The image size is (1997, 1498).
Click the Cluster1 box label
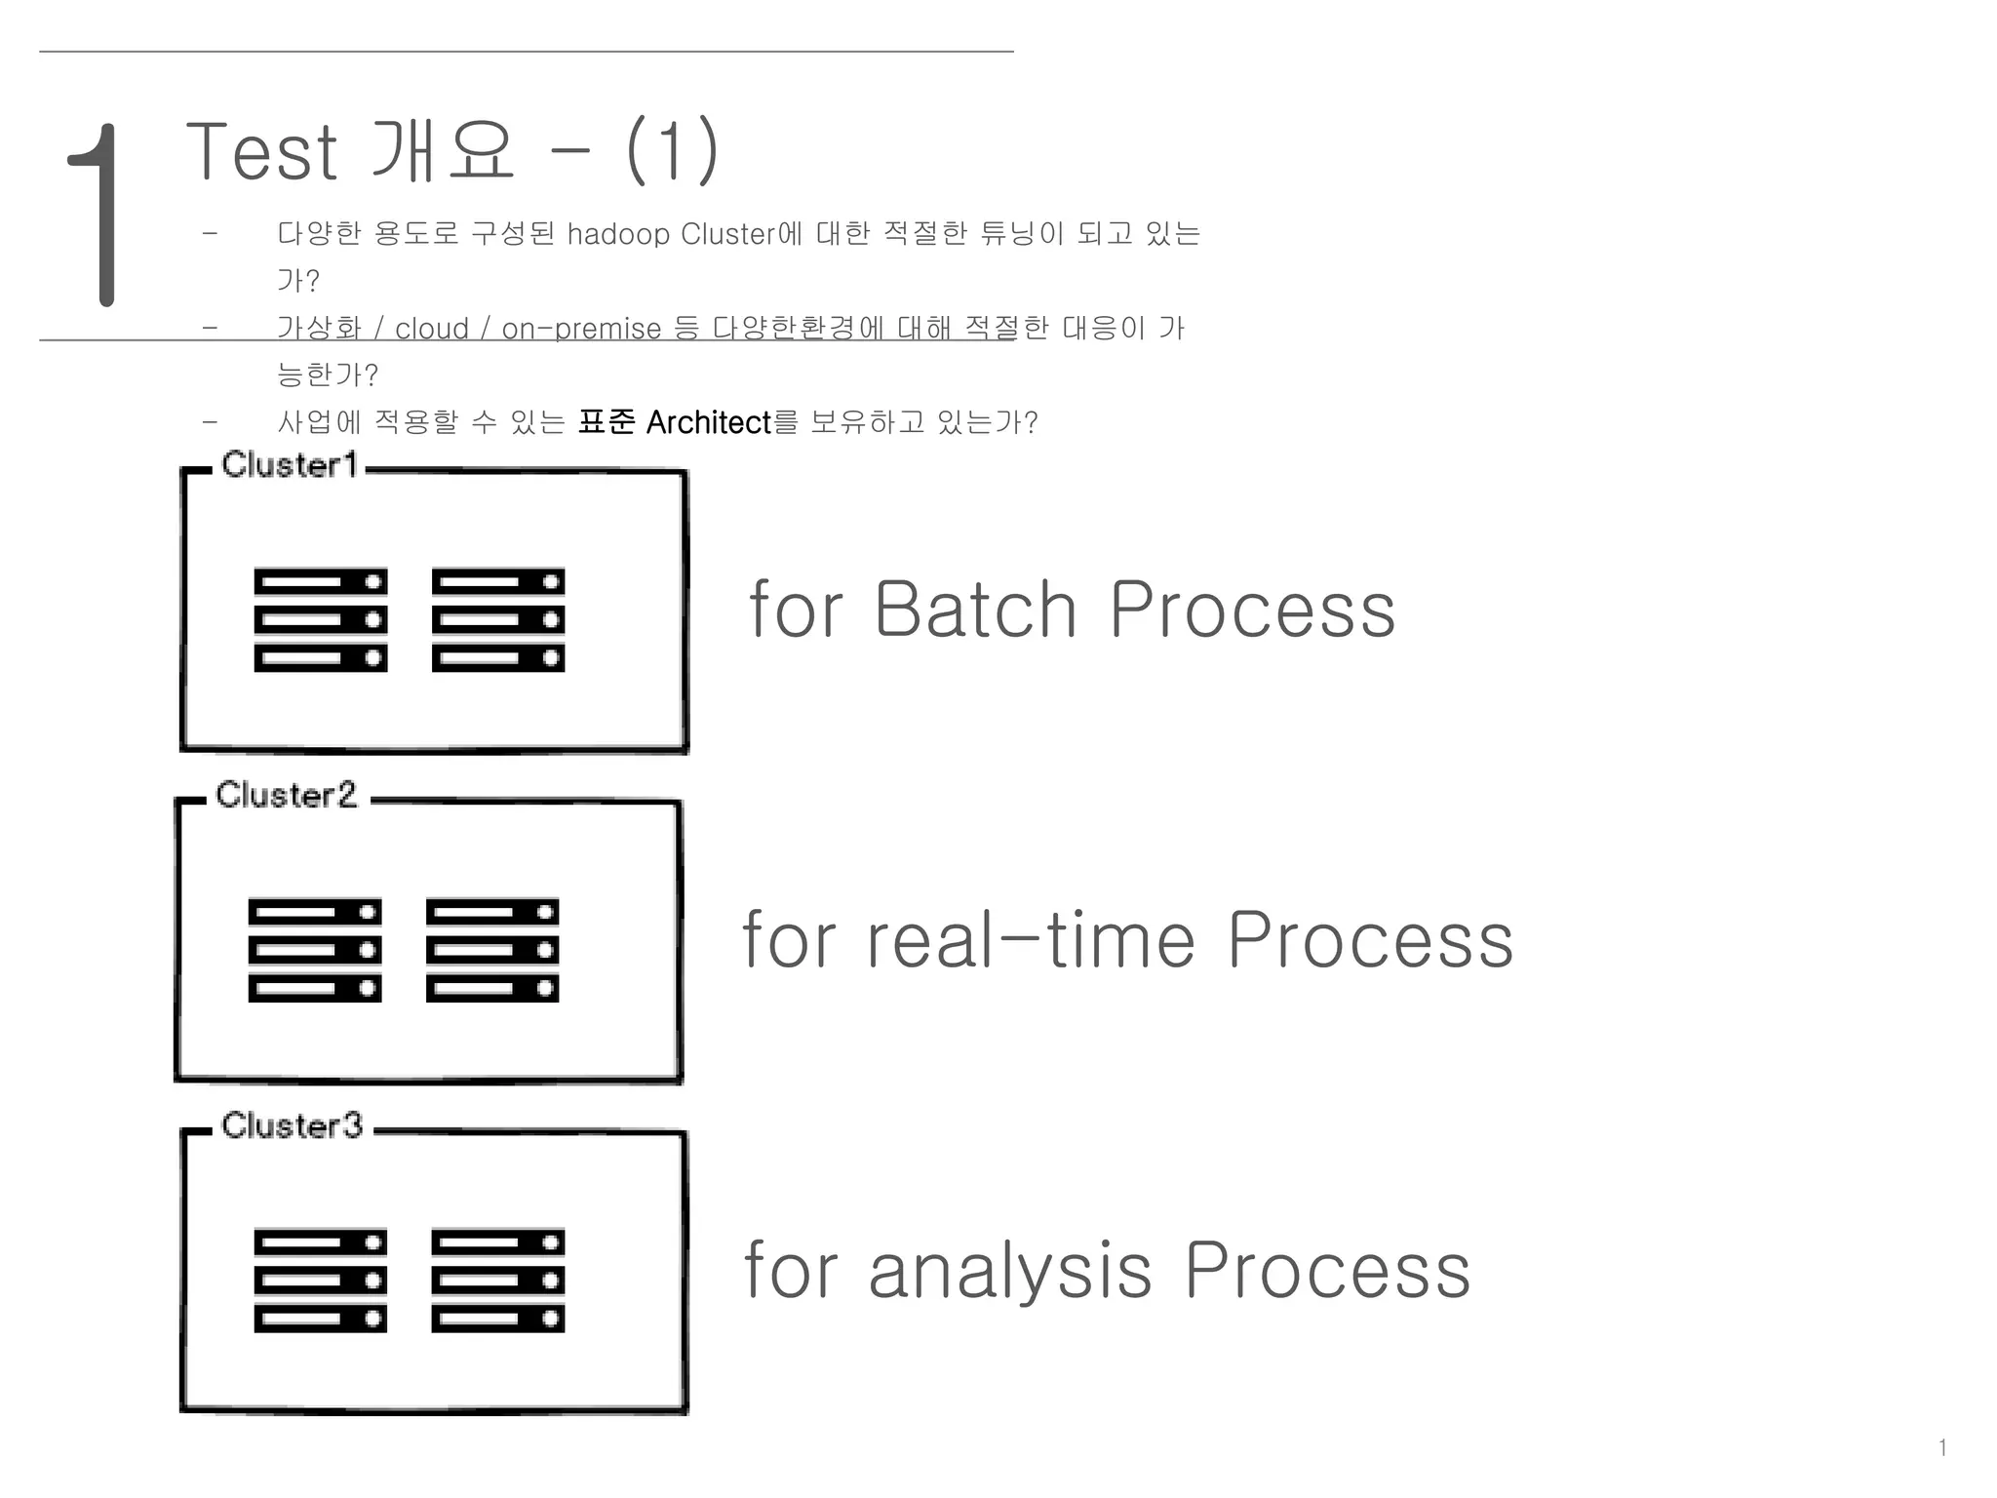(290, 465)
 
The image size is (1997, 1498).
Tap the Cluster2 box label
(286, 796)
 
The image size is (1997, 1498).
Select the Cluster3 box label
(292, 1126)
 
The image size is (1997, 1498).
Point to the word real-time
(1031, 940)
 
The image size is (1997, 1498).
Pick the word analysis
(1010, 1271)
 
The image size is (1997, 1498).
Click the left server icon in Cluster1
(320, 620)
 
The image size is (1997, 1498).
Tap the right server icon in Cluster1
(498, 620)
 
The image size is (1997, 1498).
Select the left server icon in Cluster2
(314, 951)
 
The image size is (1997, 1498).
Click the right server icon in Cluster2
(492, 951)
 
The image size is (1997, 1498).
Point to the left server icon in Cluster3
(320, 1281)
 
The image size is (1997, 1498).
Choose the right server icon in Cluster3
(498, 1281)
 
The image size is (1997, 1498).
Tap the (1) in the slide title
(672, 151)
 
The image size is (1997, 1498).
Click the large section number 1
(98, 215)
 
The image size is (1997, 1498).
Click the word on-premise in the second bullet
(581, 330)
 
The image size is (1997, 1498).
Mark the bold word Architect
(708, 423)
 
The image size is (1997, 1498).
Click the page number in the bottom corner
(1942, 1448)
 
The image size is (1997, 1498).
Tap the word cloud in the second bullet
(431, 330)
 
